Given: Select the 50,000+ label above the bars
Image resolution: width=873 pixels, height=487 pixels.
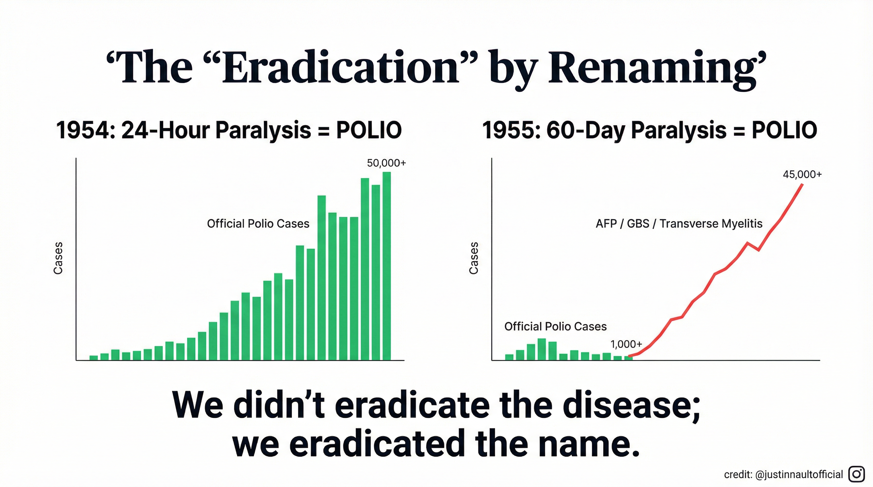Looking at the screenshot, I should coord(386,163).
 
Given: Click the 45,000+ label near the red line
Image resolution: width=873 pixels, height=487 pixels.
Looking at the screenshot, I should coord(802,174).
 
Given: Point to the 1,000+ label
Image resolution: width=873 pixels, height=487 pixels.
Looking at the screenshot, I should coord(626,344).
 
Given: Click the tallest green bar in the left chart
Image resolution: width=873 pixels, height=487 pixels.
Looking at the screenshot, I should coord(387,266).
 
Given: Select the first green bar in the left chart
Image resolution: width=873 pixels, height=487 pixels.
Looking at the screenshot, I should coord(94,358).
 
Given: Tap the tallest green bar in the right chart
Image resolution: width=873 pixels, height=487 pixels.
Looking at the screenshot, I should coord(542,349).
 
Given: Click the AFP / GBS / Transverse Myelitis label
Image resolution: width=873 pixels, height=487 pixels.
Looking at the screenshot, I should coord(679,224).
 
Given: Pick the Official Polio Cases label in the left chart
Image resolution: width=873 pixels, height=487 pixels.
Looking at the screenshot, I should coord(258,224).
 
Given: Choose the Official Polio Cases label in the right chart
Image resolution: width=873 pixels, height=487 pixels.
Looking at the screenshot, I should coord(555,327).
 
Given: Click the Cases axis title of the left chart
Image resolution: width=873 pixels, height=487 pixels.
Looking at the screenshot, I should coord(58,258).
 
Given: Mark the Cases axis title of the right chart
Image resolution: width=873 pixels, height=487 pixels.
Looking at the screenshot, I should coord(474,258).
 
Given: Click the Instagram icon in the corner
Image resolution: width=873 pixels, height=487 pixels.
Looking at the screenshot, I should coord(857,474).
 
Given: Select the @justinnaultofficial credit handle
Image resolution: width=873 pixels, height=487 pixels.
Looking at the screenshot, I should coord(799,474).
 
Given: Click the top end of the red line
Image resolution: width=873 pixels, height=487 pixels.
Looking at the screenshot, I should coord(802,185).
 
